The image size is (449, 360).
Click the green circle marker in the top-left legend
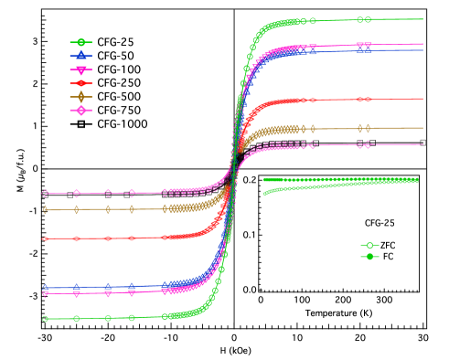click(80, 42)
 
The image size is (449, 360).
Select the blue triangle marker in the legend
click(80, 56)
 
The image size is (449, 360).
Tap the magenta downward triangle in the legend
click(80, 69)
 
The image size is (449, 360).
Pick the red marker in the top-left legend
click(80, 83)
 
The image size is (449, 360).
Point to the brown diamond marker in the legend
click(80, 97)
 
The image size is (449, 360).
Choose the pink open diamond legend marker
click(80, 111)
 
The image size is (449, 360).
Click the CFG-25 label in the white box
click(380, 223)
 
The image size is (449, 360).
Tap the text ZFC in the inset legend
click(388, 246)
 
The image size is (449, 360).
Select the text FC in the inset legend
click(388, 257)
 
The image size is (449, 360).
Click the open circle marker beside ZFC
click(369, 246)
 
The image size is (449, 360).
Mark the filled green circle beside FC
click(369, 257)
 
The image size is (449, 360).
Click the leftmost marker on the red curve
click(45, 238)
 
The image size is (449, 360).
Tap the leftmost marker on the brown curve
click(45, 209)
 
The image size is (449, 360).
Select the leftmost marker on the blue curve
click(45, 287)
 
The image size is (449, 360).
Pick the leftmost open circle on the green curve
click(45, 319)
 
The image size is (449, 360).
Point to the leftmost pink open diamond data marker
click(45, 193)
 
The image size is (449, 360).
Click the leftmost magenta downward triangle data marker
click(45, 293)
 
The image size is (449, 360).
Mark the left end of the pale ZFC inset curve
click(265, 194)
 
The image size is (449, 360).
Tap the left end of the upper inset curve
click(265, 179)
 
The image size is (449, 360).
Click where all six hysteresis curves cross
click(234, 164)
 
